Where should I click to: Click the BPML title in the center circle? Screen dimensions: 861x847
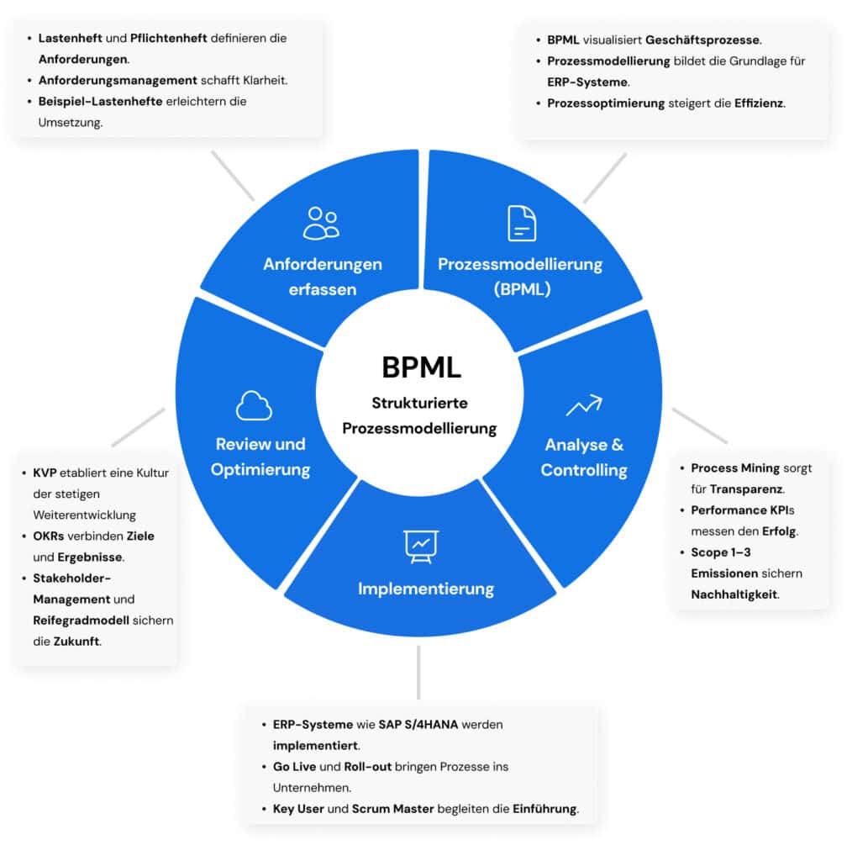pos(421,367)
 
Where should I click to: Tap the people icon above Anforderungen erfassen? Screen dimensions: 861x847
pos(322,223)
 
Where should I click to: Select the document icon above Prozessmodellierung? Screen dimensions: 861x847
pos(521,223)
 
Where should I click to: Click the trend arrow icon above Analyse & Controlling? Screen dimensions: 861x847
pos(583,406)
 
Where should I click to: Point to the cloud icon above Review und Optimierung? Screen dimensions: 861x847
pos(254,405)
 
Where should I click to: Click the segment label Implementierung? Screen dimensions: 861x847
pos(425,588)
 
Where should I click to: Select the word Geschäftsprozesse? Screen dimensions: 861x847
pos(702,40)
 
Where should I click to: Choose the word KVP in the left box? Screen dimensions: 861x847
pos(45,473)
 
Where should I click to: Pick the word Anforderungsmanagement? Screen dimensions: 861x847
pos(116,81)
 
